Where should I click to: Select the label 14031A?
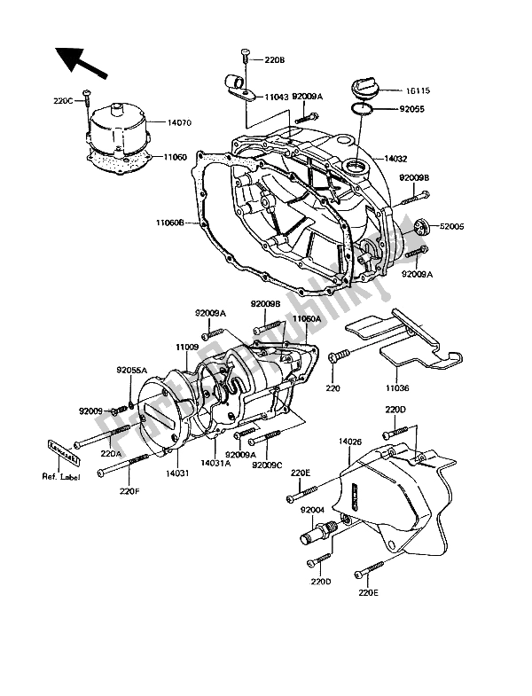(x=216, y=462)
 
